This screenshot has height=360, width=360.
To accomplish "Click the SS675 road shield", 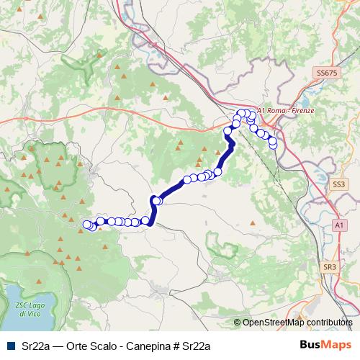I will (x=326, y=73).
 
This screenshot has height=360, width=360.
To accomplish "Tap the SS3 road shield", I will (x=339, y=184).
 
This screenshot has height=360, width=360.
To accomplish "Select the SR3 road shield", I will (x=330, y=267).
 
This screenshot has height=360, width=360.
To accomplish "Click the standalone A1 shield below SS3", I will (x=338, y=225).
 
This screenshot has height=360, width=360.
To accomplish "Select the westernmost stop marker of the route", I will (x=87, y=225).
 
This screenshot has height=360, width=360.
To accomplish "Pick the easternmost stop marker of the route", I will (x=273, y=144).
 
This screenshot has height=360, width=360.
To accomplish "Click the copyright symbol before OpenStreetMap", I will (x=238, y=323).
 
